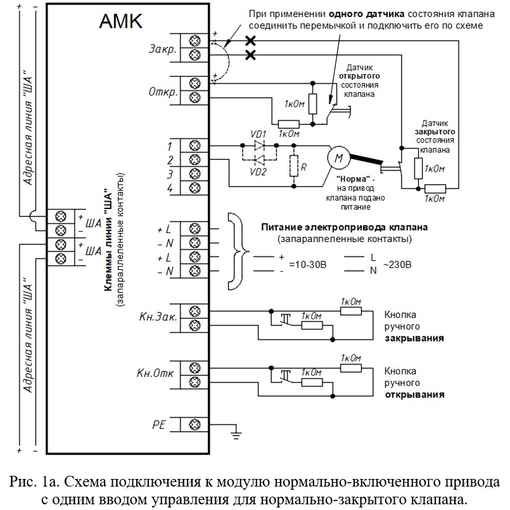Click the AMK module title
tap(120, 21)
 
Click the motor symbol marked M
tap(339, 158)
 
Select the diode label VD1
tap(258, 134)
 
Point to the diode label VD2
tap(258, 172)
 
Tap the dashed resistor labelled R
tap(294, 166)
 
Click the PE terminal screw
tap(194, 424)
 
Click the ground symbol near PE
tap(236, 434)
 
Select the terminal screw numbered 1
tap(194, 145)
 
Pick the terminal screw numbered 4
tap(194, 188)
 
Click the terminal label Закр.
tap(163, 49)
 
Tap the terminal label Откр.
tap(163, 92)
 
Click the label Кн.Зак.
tap(158, 317)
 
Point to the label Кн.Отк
tap(155, 373)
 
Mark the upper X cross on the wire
tap(250, 41)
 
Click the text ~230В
tap(397, 264)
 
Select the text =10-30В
tap(307, 265)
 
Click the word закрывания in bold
tap(414, 338)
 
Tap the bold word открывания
tap(414, 395)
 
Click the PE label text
tap(159, 424)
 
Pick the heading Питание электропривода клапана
tap(344, 227)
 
